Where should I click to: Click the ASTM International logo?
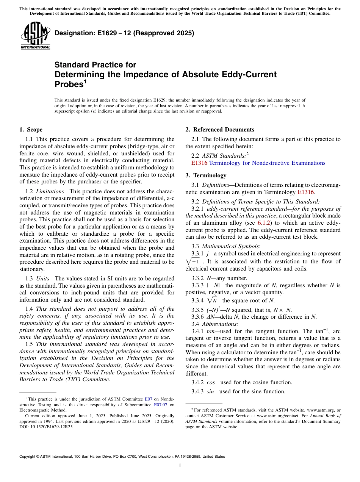[35, 36]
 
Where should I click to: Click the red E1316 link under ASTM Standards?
[199, 163]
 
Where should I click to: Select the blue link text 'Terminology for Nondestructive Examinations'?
[267, 163]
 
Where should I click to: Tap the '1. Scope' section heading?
[31, 130]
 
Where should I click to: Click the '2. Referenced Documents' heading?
[220, 130]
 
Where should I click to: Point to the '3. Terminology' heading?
[206, 175]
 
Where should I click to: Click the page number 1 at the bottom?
[180, 466]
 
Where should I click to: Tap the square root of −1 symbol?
[194, 262]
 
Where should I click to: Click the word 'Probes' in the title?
[69, 84]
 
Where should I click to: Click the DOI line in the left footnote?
[46, 426]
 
